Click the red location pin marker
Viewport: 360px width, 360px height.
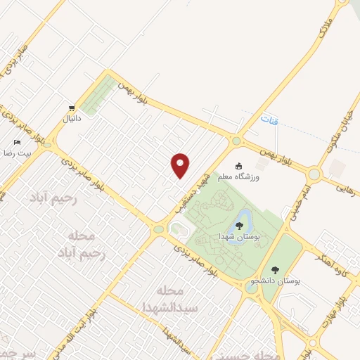(181, 165)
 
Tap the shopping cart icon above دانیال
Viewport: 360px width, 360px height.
(72, 108)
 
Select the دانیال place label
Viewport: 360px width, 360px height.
(73, 119)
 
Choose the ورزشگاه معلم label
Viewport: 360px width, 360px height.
(239, 176)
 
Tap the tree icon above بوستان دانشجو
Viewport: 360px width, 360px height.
(275, 269)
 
